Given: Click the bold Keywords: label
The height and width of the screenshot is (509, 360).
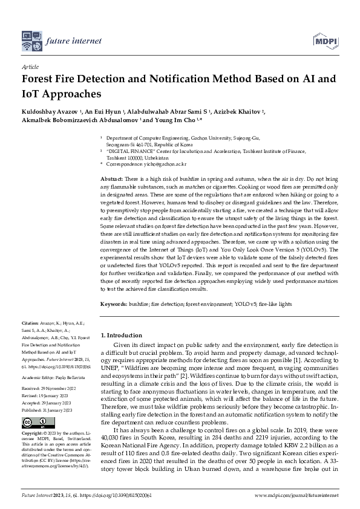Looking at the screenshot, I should [114, 304].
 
